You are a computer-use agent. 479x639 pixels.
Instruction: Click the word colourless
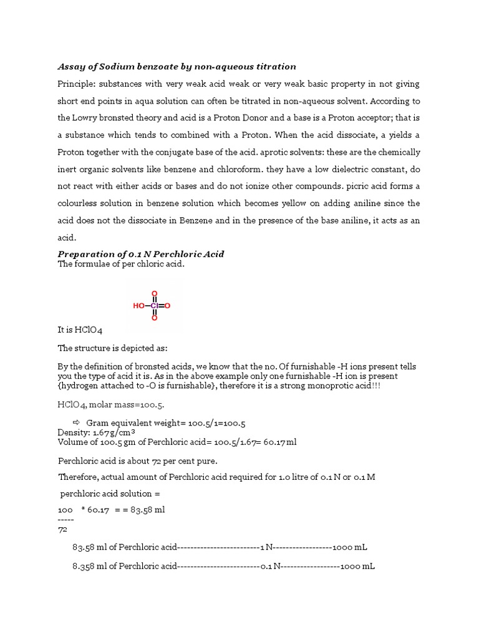pos(80,203)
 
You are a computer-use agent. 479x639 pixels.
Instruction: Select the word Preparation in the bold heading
pos(87,254)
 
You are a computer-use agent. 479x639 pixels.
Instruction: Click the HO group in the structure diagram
pos(138,306)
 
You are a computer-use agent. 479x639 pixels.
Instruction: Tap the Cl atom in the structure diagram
pos(154,306)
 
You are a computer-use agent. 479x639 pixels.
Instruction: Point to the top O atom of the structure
pos(154,294)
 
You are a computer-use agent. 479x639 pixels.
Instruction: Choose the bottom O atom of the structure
pos(154,318)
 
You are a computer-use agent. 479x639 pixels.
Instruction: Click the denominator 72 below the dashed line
pos(62,529)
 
